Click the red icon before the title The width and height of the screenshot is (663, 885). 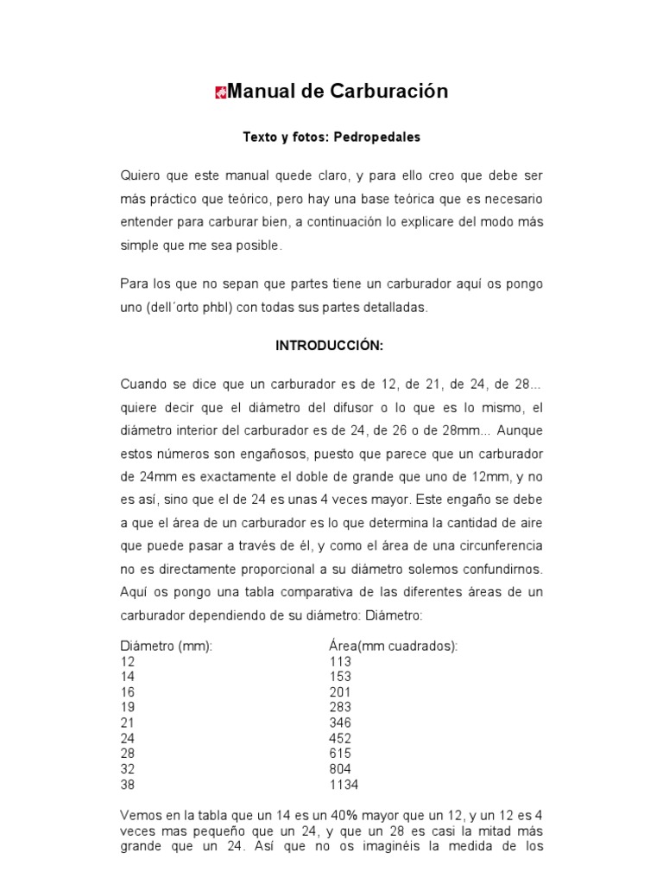220,92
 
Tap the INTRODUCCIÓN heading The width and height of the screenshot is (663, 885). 329,345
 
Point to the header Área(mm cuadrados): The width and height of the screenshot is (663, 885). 393,646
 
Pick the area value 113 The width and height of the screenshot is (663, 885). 340,661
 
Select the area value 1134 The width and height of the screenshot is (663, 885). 344,785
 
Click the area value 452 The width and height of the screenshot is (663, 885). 340,738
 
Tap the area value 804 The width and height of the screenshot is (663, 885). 340,769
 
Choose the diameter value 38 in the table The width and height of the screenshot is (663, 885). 128,785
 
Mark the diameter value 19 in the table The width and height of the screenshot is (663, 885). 128,707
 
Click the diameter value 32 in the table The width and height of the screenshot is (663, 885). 128,769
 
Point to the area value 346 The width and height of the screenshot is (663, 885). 340,723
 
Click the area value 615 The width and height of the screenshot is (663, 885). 340,754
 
